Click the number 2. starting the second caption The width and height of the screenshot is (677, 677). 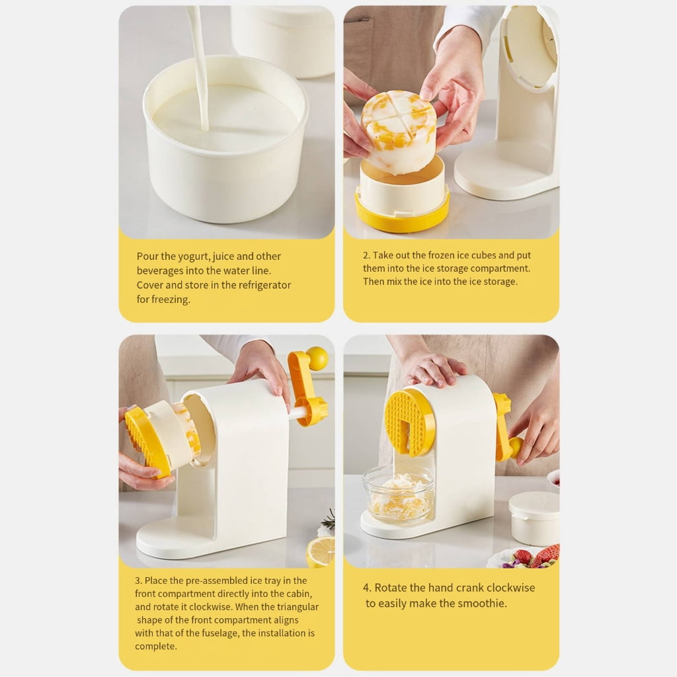pos(366,255)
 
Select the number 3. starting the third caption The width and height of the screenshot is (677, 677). pos(139,580)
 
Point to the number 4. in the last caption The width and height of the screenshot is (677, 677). pos(367,588)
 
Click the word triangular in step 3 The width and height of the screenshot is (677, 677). pos(298,607)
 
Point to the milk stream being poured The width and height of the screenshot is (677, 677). pos(200,65)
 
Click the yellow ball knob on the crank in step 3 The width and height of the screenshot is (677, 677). pos(317,358)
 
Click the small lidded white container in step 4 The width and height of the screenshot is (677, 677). pos(534,518)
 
